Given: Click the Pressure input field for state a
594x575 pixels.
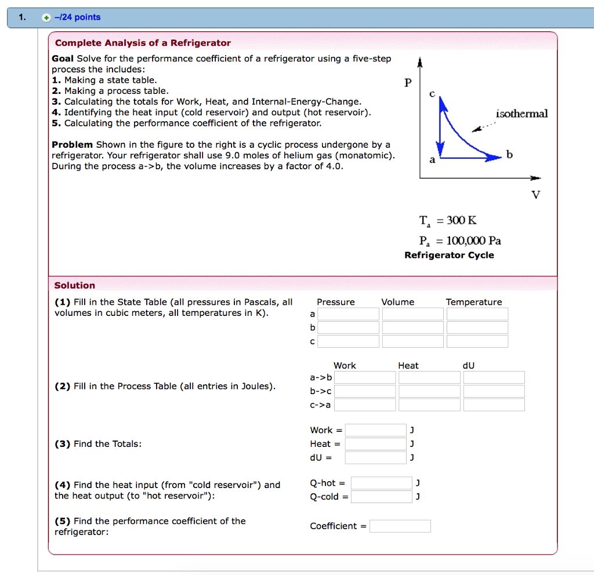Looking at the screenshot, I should click(348, 314).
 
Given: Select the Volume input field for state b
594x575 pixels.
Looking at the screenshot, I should click(412, 327).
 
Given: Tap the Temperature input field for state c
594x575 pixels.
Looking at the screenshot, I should click(477, 341).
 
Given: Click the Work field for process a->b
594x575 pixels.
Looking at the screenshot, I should click(365, 378).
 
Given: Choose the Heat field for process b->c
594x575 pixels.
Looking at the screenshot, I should click(429, 391).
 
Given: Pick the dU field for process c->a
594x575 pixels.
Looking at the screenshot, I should click(494, 405).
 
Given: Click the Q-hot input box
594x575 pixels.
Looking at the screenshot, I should click(381, 483).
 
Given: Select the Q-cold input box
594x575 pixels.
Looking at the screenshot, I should click(381, 497).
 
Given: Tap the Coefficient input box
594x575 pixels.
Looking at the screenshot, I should click(400, 526).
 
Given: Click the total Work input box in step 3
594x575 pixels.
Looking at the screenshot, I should click(375, 430).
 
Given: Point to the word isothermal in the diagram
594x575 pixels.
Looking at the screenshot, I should click(521, 114).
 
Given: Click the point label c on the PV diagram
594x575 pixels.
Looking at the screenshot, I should click(432, 94).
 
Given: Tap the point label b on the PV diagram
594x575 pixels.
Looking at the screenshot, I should click(509, 155).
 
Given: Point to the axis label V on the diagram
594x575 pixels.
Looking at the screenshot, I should click(535, 195).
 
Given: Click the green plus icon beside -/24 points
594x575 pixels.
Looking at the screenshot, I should click(46, 17).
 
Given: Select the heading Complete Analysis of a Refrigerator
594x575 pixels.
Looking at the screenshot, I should click(143, 43).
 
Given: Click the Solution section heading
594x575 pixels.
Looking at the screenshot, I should click(74, 285).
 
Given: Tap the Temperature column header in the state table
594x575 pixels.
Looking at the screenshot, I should click(473, 302).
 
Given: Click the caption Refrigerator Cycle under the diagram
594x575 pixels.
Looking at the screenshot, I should click(449, 255).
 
